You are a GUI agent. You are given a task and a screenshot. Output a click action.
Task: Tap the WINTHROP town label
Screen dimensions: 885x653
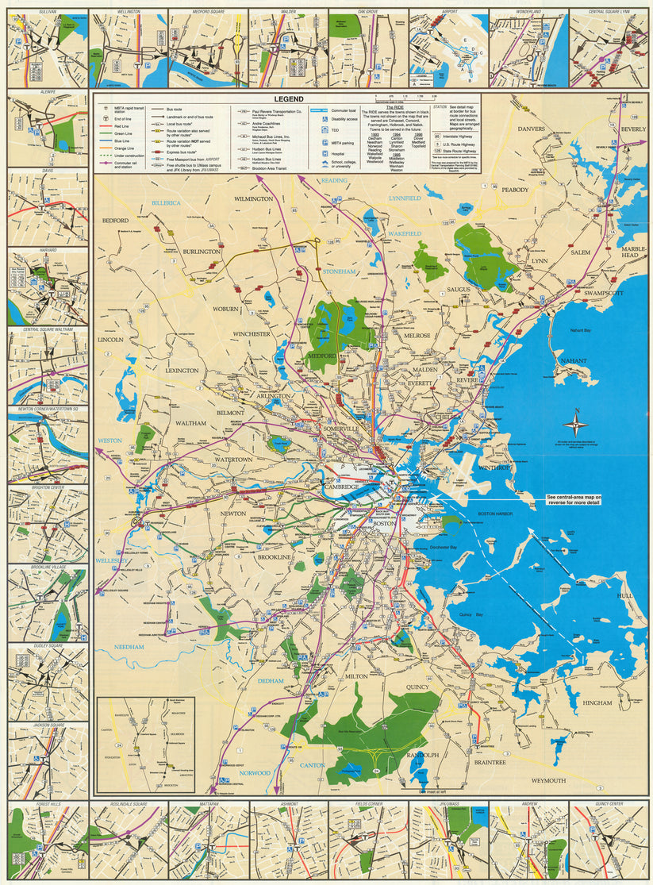(498, 468)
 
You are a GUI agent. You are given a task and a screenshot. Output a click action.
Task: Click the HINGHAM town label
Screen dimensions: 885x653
(597, 702)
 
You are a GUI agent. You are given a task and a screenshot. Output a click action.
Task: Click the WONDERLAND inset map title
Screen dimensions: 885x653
(528, 12)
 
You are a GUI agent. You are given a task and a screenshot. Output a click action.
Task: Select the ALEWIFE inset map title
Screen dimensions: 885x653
(48, 92)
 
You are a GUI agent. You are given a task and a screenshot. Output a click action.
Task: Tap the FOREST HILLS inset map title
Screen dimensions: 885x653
(48, 804)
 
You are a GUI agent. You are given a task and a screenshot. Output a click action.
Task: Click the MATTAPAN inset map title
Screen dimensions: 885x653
(209, 804)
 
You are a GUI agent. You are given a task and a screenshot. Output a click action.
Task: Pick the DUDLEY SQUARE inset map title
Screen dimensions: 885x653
(48, 646)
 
